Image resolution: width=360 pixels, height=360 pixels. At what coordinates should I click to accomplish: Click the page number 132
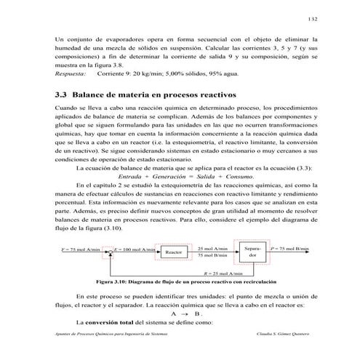tap(311, 18)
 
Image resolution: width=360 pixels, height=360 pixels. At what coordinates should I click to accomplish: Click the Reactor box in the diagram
tap(173, 252)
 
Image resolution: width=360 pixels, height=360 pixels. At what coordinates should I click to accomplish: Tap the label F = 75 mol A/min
tap(79, 249)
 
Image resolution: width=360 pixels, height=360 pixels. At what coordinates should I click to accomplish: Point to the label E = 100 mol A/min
tap(135, 249)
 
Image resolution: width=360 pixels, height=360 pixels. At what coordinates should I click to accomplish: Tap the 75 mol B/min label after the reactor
tap(212, 257)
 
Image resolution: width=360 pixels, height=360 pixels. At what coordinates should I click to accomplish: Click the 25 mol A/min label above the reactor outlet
tap(212, 248)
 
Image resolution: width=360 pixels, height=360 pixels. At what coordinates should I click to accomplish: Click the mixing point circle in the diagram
tap(109, 250)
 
